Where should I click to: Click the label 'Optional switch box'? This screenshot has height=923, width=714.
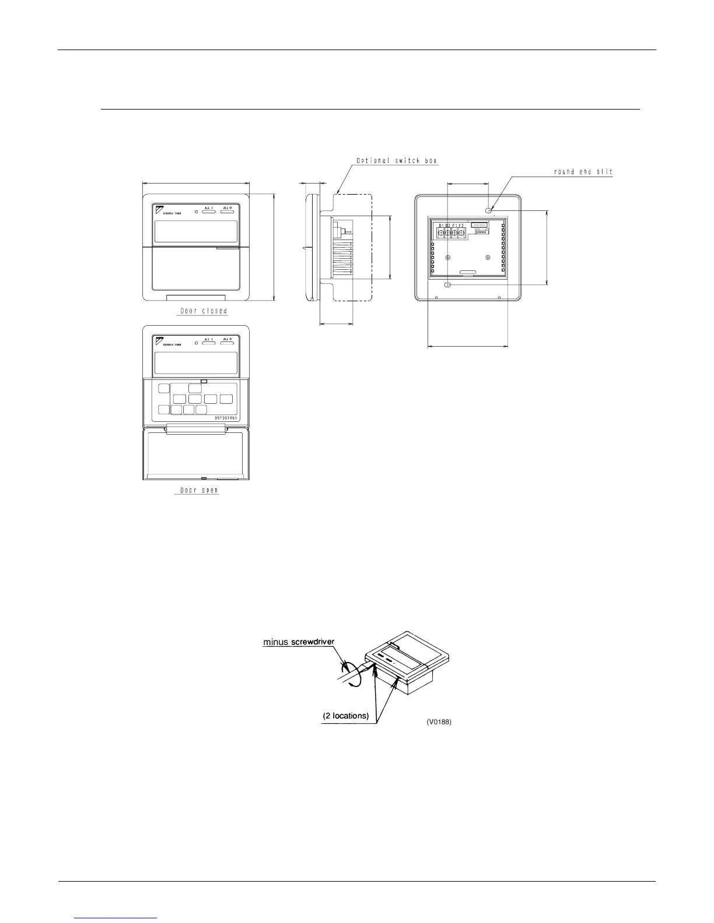[x=397, y=161]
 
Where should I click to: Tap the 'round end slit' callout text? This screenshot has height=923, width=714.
[x=583, y=172]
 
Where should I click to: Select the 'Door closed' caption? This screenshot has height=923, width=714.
[x=203, y=311]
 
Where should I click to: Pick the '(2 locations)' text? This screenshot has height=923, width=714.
[x=346, y=716]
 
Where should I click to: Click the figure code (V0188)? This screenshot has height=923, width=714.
[x=439, y=722]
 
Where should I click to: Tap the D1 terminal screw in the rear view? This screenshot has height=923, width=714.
[x=441, y=234]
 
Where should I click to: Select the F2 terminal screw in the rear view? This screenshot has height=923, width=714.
[x=461, y=234]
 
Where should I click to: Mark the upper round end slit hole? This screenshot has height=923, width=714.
[x=488, y=208]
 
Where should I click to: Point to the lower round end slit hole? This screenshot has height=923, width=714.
[x=447, y=285]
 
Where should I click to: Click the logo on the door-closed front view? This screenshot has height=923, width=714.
[x=160, y=208]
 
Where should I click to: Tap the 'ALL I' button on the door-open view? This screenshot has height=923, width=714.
[x=209, y=343]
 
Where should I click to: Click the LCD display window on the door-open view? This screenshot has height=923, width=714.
[x=195, y=364]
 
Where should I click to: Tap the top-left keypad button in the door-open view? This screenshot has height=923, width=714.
[x=164, y=389]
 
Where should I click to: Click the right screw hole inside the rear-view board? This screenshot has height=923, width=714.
[x=488, y=258]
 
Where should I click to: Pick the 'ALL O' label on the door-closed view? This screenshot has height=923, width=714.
[x=227, y=208]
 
